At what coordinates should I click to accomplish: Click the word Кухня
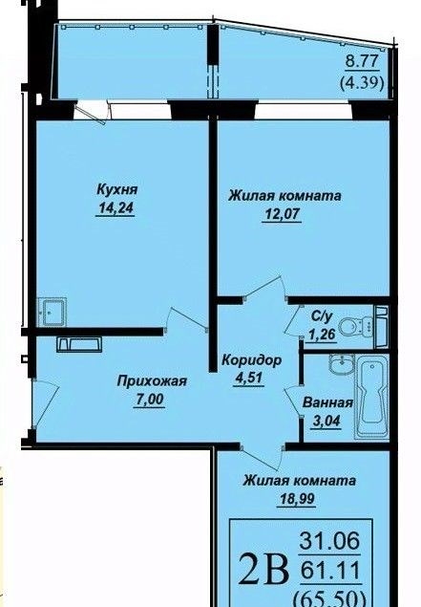coord(116,190)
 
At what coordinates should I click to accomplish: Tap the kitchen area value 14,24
coord(116,208)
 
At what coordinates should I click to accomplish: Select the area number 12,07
coord(282,214)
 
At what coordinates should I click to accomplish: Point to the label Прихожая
coord(152,380)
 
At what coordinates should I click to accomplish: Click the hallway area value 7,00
coord(149,400)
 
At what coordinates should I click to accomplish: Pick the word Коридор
coord(251,360)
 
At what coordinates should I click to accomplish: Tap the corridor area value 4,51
coord(248,379)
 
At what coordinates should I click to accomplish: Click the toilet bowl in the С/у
coord(354,325)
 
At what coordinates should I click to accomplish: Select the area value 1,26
coord(322,334)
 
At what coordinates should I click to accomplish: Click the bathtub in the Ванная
coord(372,398)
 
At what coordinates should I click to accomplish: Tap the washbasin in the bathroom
coord(341,364)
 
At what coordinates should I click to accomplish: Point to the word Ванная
coord(327,402)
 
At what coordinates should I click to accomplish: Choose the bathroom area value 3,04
coord(326,421)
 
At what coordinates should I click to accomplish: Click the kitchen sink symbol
coord(53,312)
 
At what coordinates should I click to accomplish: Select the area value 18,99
coord(297,499)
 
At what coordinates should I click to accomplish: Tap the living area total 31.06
coord(329,541)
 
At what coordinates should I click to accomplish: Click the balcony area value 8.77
coord(362,62)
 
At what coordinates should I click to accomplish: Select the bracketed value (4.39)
coord(362,83)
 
